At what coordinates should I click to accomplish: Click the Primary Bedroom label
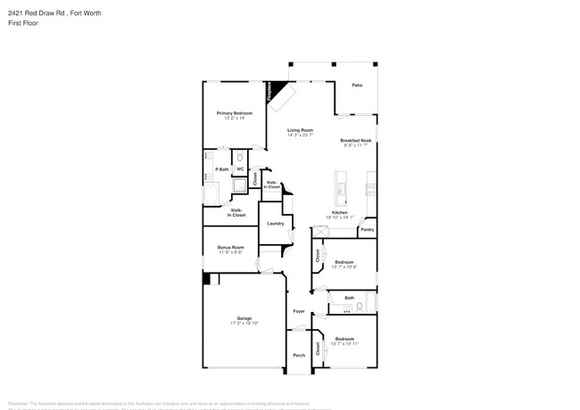pos(234,113)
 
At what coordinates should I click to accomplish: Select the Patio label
pos(357,85)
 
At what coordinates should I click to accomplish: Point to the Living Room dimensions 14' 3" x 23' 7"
pos(300,135)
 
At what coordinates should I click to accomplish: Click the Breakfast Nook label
pos(356,140)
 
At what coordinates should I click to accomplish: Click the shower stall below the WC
pos(240,187)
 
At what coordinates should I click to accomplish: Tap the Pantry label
pos(367,230)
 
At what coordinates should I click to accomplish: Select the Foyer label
pos(299,311)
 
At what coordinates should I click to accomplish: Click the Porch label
pos(299,355)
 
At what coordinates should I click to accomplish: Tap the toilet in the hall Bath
pos(359,307)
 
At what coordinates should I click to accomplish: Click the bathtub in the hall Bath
pos(343,308)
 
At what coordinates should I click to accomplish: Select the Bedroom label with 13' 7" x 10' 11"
pos(344,339)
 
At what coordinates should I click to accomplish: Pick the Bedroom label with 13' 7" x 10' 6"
pos(344,262)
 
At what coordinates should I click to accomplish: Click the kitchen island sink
pos(341,186)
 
